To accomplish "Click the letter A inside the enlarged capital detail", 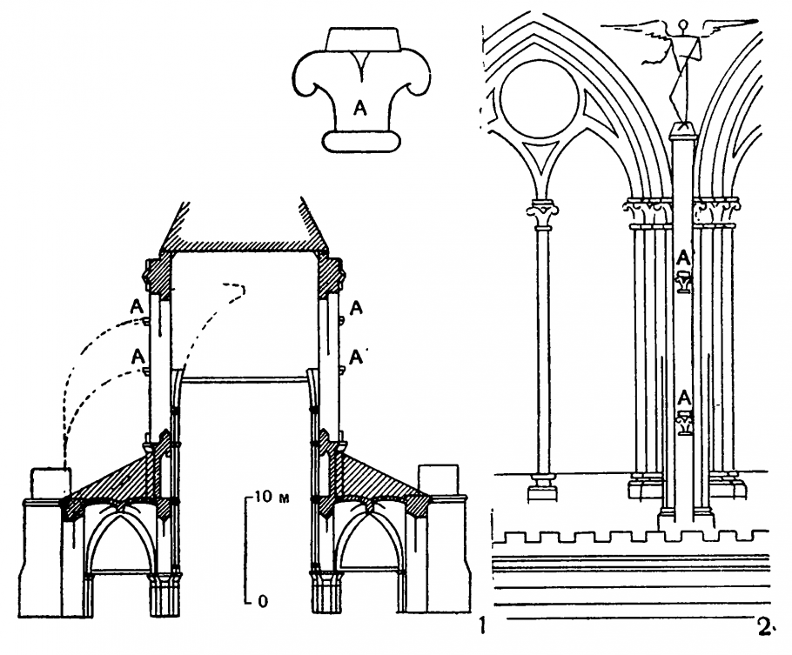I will click(359, 107).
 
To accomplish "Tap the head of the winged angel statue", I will click(685, 25).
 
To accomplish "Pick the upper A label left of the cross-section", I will click(135, 305).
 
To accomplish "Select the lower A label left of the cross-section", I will click(135, 355).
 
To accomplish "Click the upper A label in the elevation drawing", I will click(684, 257).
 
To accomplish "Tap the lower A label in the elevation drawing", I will click(685, 398).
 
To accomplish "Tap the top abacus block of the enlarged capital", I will click(363, 39).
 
